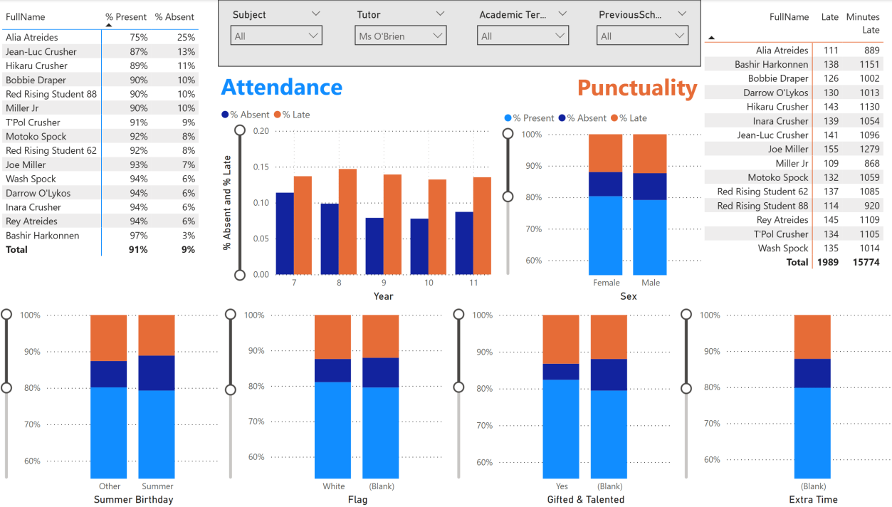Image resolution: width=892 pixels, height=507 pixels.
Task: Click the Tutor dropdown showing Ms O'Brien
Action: pos(400,36)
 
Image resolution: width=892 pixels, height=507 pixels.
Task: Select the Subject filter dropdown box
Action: pos(276,36)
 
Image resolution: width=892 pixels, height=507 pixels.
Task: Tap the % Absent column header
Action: pos(174,16)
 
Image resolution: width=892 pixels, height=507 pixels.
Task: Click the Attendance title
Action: pos(281,87)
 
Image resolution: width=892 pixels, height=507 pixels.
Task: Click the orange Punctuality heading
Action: pos(636,88)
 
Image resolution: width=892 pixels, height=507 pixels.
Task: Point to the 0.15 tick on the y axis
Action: pos(261,167)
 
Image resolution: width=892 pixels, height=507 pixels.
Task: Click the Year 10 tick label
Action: pos(429,283)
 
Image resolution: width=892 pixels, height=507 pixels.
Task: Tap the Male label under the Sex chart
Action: pos(650,283)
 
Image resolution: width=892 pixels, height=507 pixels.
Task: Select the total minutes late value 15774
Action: pos(866,262)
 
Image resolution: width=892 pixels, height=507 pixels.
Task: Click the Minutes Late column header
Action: pos(863,23)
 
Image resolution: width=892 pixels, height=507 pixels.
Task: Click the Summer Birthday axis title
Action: pos(133,499)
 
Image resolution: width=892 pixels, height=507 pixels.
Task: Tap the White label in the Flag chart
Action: pos(333,486)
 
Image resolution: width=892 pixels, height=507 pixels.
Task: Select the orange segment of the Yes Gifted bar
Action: pos(560,339)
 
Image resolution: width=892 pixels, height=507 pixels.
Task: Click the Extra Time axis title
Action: pos(813,499)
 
